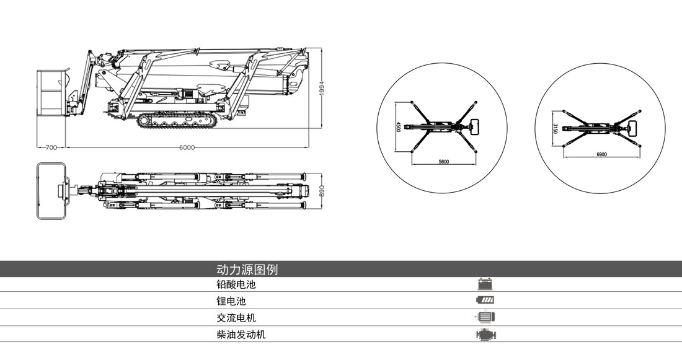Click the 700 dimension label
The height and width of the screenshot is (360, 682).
pos(51,147)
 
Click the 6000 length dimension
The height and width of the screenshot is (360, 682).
pos(187,147)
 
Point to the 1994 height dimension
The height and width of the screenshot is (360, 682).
pos(322,89)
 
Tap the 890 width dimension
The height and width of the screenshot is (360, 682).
pos(322,191)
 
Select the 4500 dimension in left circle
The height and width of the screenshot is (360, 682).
pos(398,126)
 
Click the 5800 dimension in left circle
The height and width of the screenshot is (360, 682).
pos(444,162)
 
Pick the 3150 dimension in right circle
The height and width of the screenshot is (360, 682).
pos(556,128)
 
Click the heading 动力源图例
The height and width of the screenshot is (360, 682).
pos(247,270)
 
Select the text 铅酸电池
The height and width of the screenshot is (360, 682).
pos(236,285)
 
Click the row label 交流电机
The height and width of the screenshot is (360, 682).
pos(236,318)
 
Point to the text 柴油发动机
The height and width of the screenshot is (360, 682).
pos(241,335)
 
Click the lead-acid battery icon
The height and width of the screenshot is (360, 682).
pos(485,285)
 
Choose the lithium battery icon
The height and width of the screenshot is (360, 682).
pos(485,301)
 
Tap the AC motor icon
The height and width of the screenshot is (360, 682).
pos(485,318)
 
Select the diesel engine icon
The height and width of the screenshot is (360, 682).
pos(486,335)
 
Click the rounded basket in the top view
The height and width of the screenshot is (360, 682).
pos(51,190)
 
